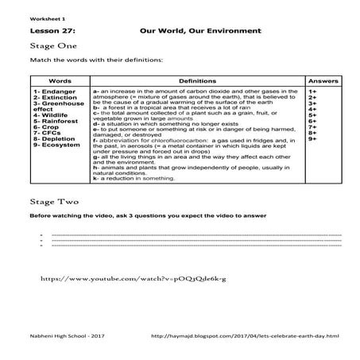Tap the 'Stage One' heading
tap(48, 47)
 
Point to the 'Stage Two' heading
tap(48, 202)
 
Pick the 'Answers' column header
tap(322, 81)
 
